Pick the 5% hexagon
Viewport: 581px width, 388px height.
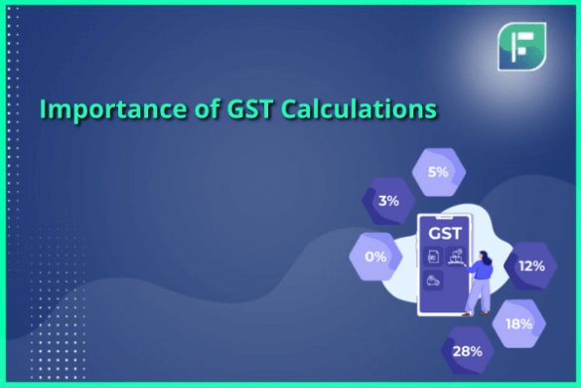coord(438,171)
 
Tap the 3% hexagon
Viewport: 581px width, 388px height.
coord(389,200)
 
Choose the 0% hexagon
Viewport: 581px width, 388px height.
coord(376,256)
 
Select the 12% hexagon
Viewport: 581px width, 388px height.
coord(531,265)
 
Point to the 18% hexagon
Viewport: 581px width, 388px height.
coord(518,322)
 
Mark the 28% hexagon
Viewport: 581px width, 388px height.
coord(469,350)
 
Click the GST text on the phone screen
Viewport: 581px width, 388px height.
coord(442,233)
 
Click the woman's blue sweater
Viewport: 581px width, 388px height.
coord(482,271)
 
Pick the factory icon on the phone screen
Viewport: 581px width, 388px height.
coord(455,256)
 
